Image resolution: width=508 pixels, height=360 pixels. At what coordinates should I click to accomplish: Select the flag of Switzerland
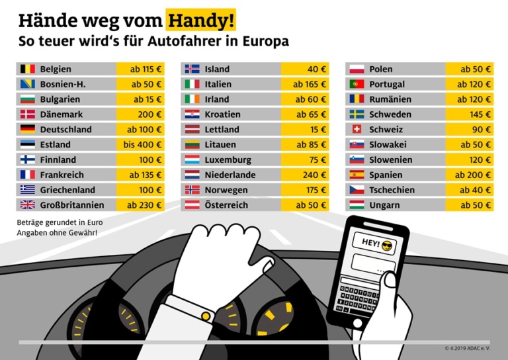point(357,129)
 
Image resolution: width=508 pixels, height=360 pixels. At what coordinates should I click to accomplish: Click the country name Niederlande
point(230,175)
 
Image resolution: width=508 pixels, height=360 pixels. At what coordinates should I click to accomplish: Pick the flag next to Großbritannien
point(27,205)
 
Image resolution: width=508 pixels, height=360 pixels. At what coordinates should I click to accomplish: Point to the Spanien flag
point(357,175)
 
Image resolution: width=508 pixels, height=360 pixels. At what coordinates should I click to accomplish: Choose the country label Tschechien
point(392,190)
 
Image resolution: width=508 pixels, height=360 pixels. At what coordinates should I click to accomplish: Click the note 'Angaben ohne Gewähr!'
point(57,232)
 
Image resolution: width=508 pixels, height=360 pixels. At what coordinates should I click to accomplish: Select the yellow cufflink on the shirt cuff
point(206,317)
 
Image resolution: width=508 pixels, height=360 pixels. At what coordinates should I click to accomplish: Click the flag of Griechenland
point(27,190)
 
